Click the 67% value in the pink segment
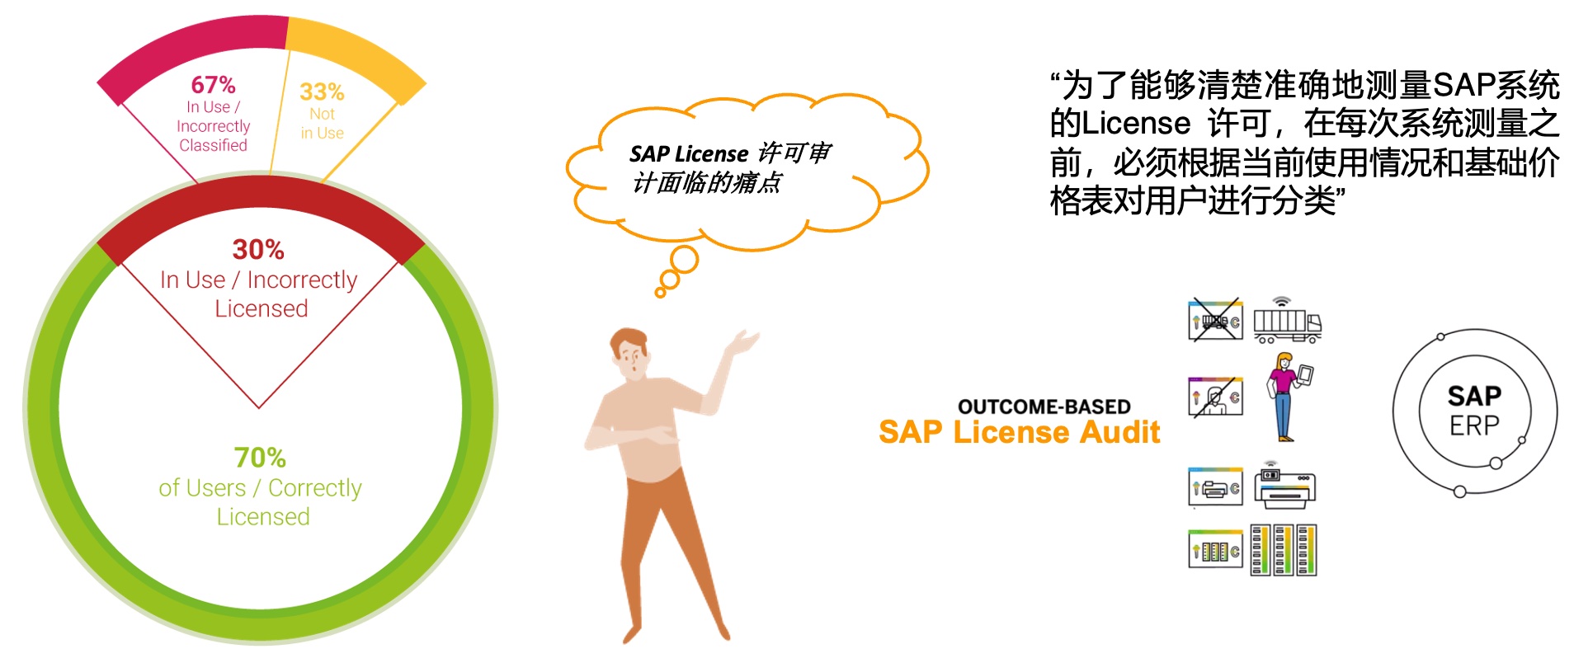tap(213, 84)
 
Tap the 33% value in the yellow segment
tap(322, 91)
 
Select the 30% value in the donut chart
tap(258, 249)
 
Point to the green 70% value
tap(260, 457)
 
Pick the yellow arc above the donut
tap(355, 49)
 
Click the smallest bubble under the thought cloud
tap(660, 292)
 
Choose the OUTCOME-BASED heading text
tap(1044, 407)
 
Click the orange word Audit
tap(1119, 432)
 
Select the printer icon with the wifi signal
tap(1284, 485)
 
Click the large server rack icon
tap(1284, 549)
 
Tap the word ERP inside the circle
tap(1474, 426)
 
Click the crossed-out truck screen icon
tap(1216, 320)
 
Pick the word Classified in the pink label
tap(213, 145)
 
